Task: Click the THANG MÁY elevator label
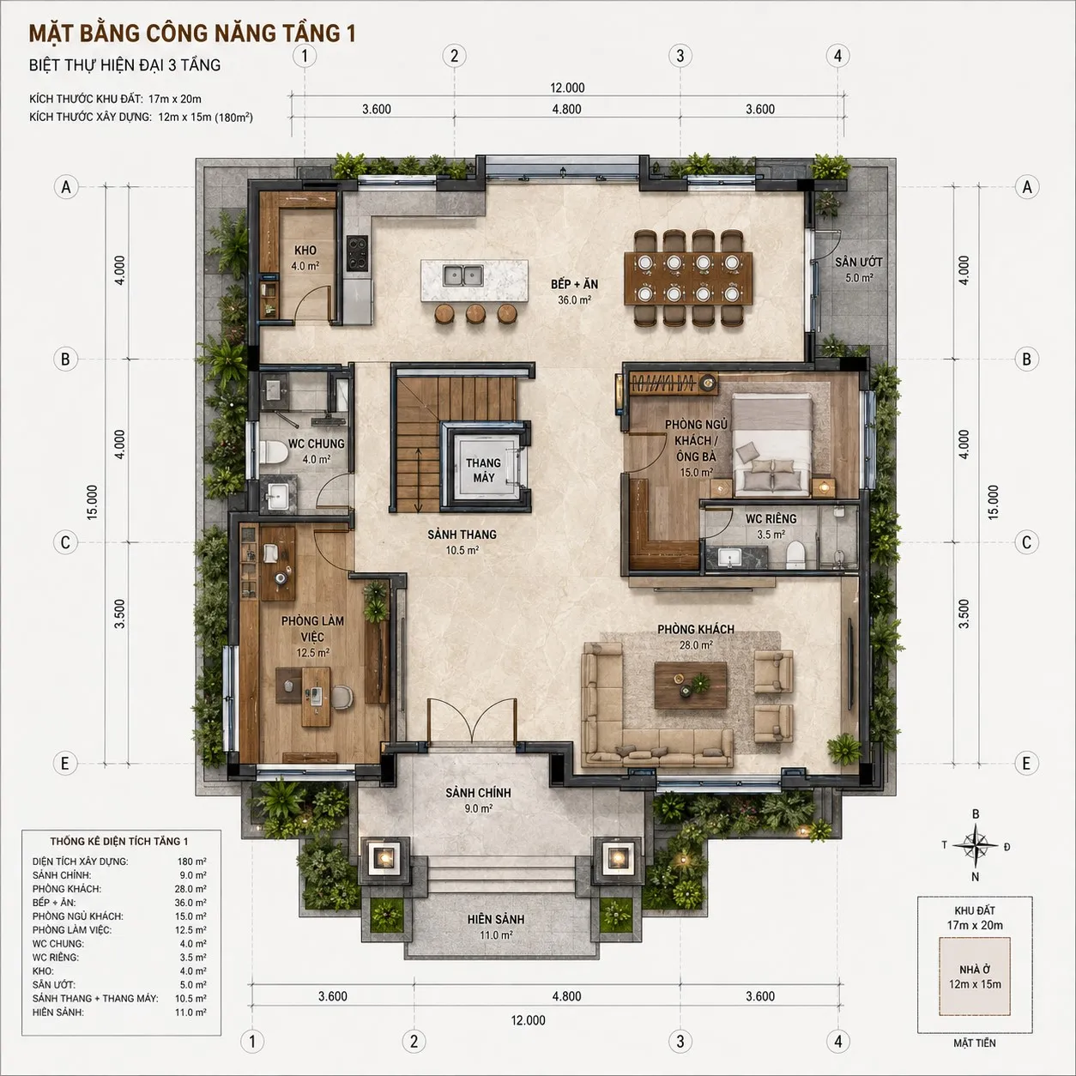(x=484, y=470)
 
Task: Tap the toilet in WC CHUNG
(x=273, y=451)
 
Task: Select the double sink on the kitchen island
(x=462, y=275)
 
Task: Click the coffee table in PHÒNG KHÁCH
(x=691, y=685)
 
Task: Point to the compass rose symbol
(x=976, y=846)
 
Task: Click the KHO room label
(x=305, y=251)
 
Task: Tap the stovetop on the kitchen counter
(x=357, y=253)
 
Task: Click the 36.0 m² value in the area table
(x=190, y=903)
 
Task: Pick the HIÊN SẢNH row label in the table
(x=58, y=1013)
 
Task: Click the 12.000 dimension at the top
(x=567, y=88)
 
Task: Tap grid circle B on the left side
(x=65, y=359)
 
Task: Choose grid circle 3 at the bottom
(x=680, y=1042)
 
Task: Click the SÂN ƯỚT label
(x=859, y=262)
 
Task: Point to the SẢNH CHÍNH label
(x=478, y=792)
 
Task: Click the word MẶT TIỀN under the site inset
(x=975, y=1043)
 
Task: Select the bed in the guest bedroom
(x=772, y=444)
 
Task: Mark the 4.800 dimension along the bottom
(x=567, y=996)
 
